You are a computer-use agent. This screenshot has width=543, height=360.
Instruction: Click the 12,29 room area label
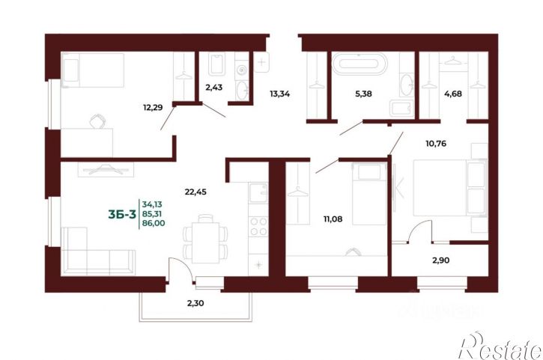(x=153, y=108)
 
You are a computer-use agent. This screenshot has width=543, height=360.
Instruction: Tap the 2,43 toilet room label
(x=214, y=88)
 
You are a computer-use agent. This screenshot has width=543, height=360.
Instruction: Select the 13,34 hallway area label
(x=280, y=94)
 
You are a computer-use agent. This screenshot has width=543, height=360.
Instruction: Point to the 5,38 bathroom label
(x=363, y=94)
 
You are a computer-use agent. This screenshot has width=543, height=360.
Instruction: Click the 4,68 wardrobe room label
(x=453, y=94)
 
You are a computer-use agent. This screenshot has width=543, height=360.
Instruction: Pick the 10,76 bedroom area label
(x=436, y=143)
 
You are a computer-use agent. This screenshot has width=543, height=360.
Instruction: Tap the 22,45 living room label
(x=195, y=192)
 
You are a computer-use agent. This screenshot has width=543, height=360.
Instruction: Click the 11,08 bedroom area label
(x=333, y=219)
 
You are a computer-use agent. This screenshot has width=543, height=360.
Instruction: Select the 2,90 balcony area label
(x=441, y=260)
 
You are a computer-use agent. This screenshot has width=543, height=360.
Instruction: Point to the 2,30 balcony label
(x=195, y=303)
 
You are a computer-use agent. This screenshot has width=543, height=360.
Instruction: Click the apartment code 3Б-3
(x=122, y=215)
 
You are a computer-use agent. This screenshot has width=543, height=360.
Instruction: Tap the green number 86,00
(x=154, y=224)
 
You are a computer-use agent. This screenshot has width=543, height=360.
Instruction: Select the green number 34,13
(x=152, y=204)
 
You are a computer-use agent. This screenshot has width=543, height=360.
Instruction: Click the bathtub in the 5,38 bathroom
(x=360, y=63)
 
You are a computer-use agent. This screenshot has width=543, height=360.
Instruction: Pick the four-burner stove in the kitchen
(x=258, y=226)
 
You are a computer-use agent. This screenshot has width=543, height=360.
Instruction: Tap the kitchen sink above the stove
(x=258, y=193)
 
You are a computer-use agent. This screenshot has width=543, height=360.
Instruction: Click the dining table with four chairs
(x=206, y=239)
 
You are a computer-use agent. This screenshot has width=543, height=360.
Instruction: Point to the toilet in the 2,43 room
(x=216, y=64)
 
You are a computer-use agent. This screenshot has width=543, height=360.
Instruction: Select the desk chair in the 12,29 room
(x=97, y=120)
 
